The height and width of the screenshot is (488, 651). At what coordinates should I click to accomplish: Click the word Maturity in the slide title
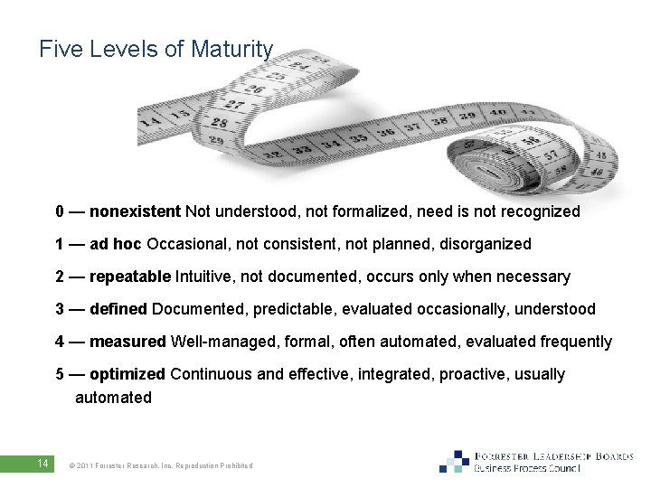[x=231, y=49]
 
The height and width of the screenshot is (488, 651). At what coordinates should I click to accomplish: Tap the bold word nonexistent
[x=136, y=211]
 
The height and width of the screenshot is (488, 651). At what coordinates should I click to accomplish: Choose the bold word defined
[x=118, y=309]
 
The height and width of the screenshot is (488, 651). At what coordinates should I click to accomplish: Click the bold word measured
[x=127, y=342]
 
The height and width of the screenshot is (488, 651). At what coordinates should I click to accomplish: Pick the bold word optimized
[x=127, y=374]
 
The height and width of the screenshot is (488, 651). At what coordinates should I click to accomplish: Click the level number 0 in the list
[x=60, y=211]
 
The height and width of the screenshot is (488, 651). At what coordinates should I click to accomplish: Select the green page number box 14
[x=42, y=464]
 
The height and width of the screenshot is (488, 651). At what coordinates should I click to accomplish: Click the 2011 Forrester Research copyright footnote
[x=161, y=465]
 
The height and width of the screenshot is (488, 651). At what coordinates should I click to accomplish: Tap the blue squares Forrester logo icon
[x=455, y=461]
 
